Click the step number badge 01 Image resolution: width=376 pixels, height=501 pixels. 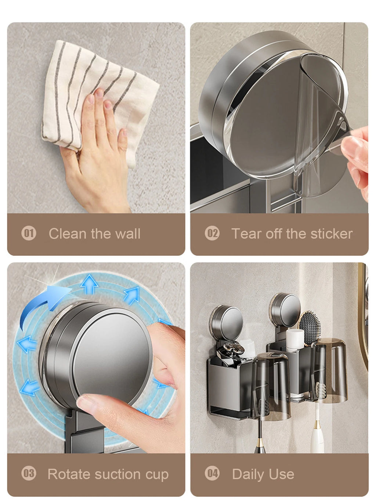29,233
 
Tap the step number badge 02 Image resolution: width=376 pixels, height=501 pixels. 212,233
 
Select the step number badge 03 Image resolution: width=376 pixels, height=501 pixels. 29,473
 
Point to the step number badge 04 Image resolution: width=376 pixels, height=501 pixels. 212,473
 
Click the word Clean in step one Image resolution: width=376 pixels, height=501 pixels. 68,233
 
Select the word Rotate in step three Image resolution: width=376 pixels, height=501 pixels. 69,474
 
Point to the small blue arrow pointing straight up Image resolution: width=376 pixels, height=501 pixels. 89,284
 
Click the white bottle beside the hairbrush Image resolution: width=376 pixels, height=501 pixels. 295,340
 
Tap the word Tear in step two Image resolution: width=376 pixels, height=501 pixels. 246,233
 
